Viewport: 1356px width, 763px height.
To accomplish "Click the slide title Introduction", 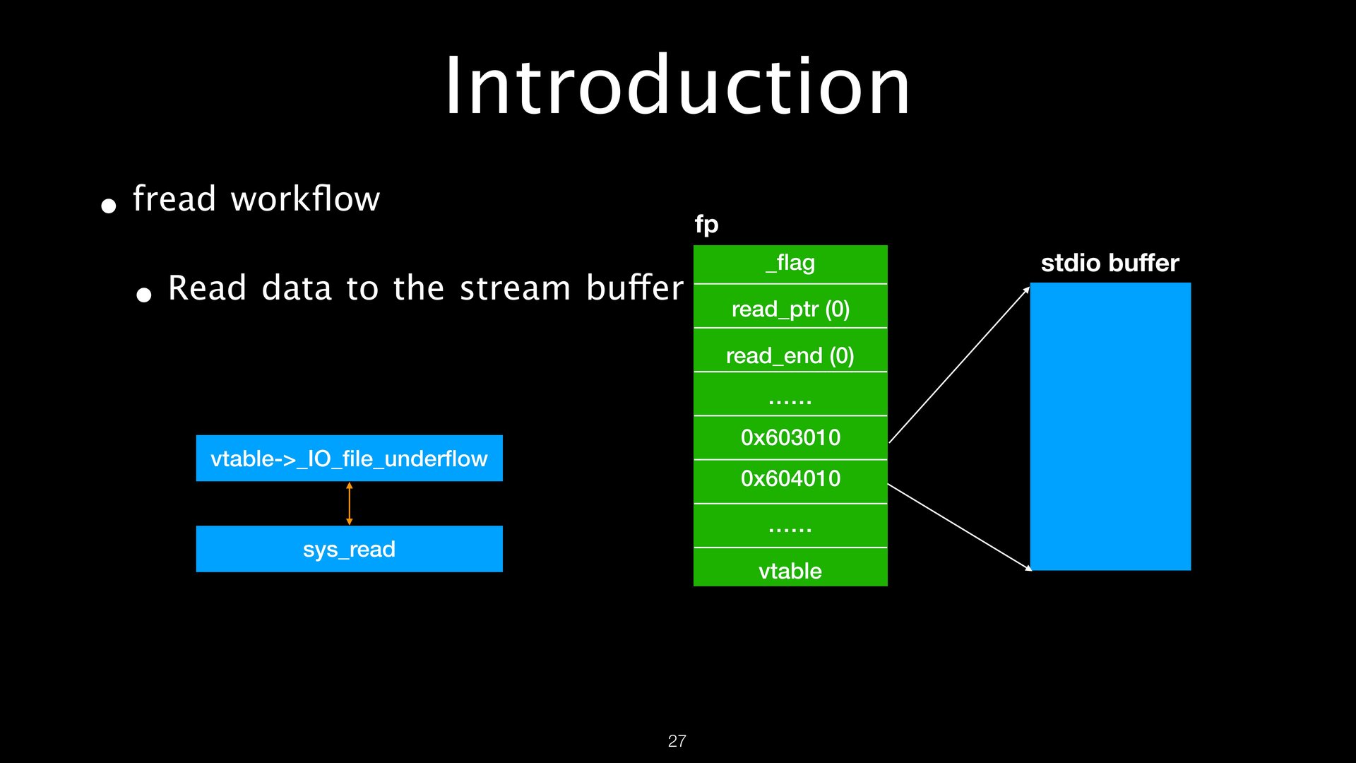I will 677,86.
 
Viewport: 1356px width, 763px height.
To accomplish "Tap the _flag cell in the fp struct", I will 790,264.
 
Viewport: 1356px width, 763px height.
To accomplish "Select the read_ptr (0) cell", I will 790,308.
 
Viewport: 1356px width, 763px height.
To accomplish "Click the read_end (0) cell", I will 790,355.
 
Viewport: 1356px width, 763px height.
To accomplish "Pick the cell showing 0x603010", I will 790,437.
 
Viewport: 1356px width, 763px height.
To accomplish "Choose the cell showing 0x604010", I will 790,479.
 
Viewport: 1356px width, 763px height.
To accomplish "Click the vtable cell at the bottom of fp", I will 790,569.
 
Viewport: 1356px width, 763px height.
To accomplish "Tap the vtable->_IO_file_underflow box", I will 349,459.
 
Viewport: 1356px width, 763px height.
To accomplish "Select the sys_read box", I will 349,549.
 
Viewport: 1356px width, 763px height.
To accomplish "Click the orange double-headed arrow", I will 349,504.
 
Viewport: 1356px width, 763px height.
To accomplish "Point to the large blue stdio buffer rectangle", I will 1110,427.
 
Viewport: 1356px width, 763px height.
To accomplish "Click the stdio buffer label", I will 1110,263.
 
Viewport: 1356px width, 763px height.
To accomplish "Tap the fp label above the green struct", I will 706,225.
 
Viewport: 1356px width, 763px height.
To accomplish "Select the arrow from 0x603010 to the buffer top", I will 959,365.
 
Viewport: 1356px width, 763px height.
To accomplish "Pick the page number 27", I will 677,741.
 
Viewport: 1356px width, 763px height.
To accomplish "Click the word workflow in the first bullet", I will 305,199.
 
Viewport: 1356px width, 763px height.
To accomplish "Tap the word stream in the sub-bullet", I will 515,288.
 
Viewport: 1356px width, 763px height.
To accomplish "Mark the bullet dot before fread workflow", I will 108,206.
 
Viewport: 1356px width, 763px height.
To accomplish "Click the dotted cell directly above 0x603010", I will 790,396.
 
